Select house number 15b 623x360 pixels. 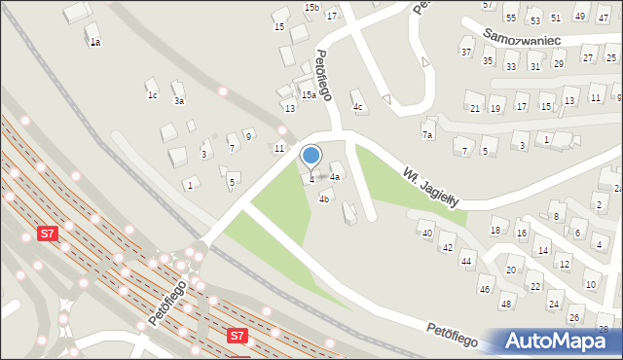pyautogui.click(x=311, y=8)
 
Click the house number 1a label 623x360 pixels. pyautogui.click(x=94, y=43)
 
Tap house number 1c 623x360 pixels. pyautogui.click(x=152, y=95)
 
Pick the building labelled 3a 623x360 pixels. pyautogui.click(x=178, y=100)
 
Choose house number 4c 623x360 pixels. pyautogui.click(x=357, y=106)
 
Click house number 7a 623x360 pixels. pyautogui.click(x=426, y=134)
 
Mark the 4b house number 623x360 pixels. pyautogui.click(x=325, y=198)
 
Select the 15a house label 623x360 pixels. pyautogui.click(x=308, y=94)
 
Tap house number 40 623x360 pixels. pyautogui.click(x=425, y=234)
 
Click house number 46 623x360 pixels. pyautogui.click(x=484, y=289)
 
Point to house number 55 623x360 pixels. pyautogui.click(x=511, y=18)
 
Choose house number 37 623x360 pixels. pyautogui.click(x=466, y=52)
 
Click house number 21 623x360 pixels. pyautogui.click(x=475, y=108)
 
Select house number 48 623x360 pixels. pyautogui.click(x=505, y=305)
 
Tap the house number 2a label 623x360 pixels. pyautogui.click(x=618, y=188)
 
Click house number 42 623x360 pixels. pyautogui.click(x=447, y=248)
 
